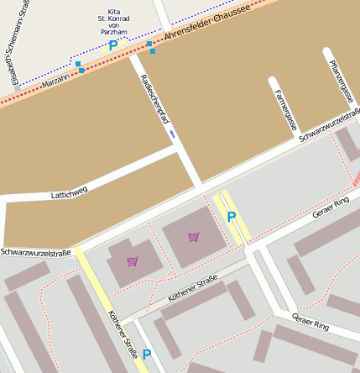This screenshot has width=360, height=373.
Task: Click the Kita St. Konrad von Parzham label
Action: click(112, 22)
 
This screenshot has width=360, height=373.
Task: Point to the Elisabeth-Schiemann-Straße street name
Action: click(12, 43)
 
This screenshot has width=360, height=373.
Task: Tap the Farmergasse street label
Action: click(284, 109)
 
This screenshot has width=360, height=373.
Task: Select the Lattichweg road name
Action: click(69, 193)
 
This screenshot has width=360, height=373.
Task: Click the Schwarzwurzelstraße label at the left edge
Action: click(35, 252)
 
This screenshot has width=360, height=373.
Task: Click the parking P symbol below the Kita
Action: click(113, 46)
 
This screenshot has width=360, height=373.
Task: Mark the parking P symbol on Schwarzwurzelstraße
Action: click(232, 217)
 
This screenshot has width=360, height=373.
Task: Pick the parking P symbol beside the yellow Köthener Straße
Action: click(147, 355)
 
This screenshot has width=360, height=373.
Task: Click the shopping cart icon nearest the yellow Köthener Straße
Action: click(132, 261)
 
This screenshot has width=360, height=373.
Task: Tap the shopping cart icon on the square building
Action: click(194, 237)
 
